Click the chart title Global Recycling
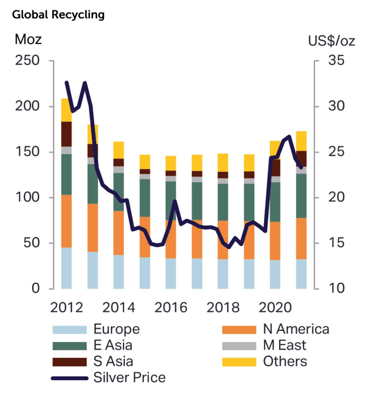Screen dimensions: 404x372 (x=58, y=15)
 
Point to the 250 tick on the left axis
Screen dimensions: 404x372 (x=27, y=61)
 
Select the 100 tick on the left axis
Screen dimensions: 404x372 (x=27, y=197)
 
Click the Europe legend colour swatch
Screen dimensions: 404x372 (x=70, y=330)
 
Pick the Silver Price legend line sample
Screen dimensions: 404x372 (x=70, y=378)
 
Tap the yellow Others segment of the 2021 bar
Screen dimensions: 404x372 (x=301, y=141)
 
